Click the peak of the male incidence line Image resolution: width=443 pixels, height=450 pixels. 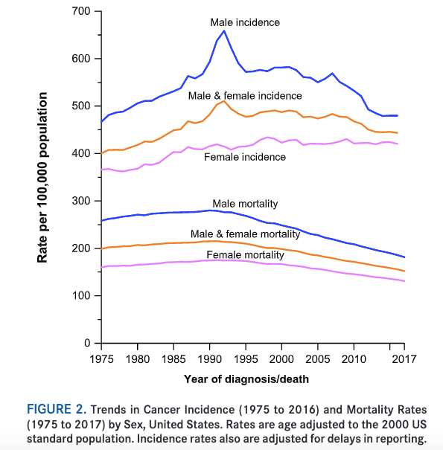click(x=224, y=30)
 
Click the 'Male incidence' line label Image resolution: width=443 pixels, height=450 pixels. click(x=244, y=22)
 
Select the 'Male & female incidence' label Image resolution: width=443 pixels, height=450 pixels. click(x=244, y=96)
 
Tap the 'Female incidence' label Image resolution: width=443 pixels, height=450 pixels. click(x=244, y=157)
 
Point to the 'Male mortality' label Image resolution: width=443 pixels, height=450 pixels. click(x=244, y=203)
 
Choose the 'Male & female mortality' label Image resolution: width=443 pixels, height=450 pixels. click(x=244, y=234)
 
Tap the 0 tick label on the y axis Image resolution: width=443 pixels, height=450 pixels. click(x=87, y=344)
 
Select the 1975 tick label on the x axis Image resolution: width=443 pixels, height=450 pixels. click(x=101, y=359)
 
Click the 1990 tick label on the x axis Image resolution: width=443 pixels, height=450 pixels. click(x=209, y=359)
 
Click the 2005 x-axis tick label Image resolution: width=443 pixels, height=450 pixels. click(x=318, y=359)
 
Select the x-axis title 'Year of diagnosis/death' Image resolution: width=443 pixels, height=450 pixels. click(x=246, y=379)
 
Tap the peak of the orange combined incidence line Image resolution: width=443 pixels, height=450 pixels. click(x=224, y=100)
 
